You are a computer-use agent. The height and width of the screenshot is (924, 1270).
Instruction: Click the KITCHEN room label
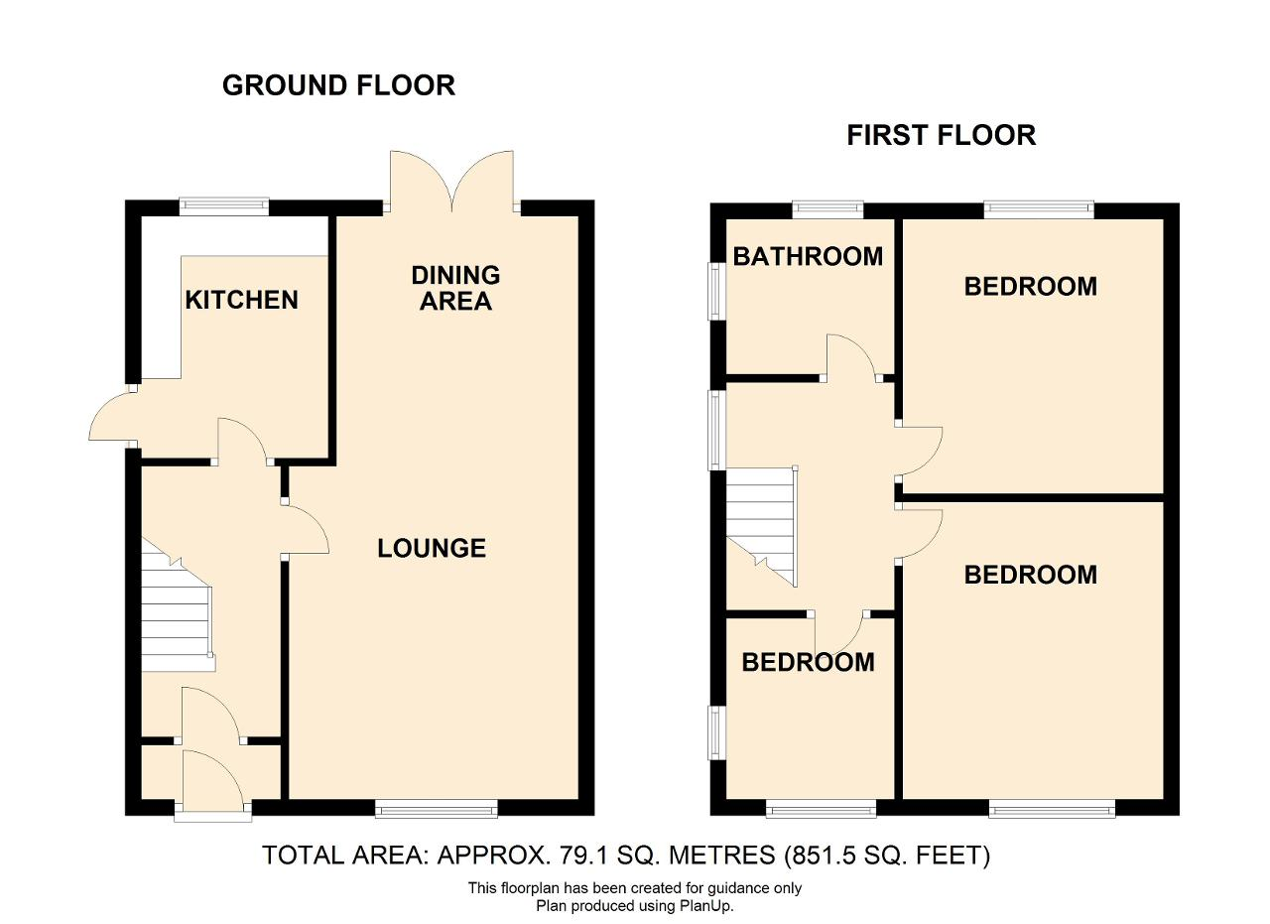pos(241,300)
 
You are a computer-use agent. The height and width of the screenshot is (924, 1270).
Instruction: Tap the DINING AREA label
pos(455,288)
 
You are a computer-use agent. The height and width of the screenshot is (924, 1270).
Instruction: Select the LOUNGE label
pos(432,548)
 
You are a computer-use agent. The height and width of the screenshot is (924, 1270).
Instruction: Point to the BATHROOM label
pos(808,256)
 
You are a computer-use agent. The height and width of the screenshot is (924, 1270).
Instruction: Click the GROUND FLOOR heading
pos(338,85)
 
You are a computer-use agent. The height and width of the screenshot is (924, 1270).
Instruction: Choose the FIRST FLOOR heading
pos(942,136)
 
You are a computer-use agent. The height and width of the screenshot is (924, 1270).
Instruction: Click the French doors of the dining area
pos(451,182)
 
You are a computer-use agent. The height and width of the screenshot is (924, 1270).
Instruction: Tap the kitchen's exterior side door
pos(113,416)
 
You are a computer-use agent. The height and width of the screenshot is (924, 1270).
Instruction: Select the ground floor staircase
pos(178,605)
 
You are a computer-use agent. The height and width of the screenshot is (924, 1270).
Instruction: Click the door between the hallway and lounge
pos(306,529)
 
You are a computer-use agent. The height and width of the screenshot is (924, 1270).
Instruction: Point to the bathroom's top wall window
pos(827,209)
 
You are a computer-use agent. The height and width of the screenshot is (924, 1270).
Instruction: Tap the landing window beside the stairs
pos(716,430)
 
